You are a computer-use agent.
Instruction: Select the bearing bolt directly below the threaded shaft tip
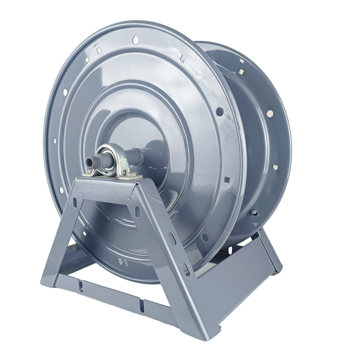coord(88,174)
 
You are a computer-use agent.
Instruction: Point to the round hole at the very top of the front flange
coord(135,39)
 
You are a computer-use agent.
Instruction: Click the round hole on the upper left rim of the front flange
coord(65,92)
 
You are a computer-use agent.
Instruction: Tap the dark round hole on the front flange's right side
coord(220,112)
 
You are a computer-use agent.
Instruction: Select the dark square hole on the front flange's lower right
coord(227,180)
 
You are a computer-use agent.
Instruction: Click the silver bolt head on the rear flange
coord(254,212)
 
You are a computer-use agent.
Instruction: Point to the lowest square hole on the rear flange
coord(275,167)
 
